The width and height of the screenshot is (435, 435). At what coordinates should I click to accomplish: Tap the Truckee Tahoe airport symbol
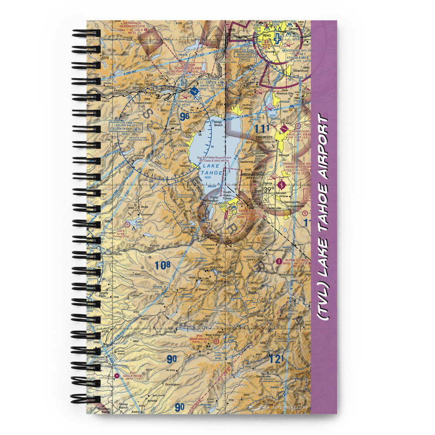[x=194, y=93]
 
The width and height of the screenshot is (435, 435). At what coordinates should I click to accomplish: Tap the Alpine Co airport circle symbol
[x=279, y=261]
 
